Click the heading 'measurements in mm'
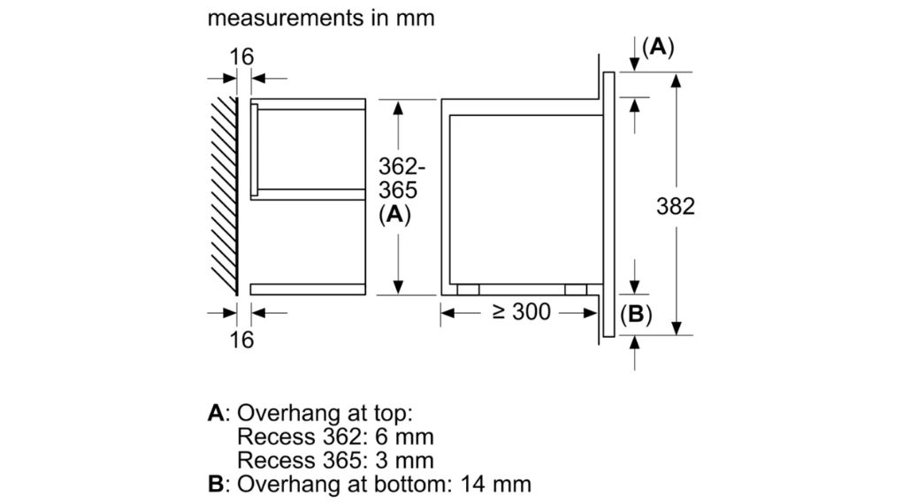[321, 18]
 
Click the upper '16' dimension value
[241, 57]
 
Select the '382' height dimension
[676, 206]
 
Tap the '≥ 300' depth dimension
[518, 311]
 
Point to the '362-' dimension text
[402, 166]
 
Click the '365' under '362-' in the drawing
[397, 190]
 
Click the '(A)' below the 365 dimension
[394, 214]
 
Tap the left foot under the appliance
[469, 289]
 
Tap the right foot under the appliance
[575, 289]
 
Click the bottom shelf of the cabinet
[308, 288]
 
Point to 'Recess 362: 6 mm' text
[335, 436]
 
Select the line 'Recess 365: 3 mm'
[335, 460]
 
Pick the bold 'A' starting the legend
[215, 413]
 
